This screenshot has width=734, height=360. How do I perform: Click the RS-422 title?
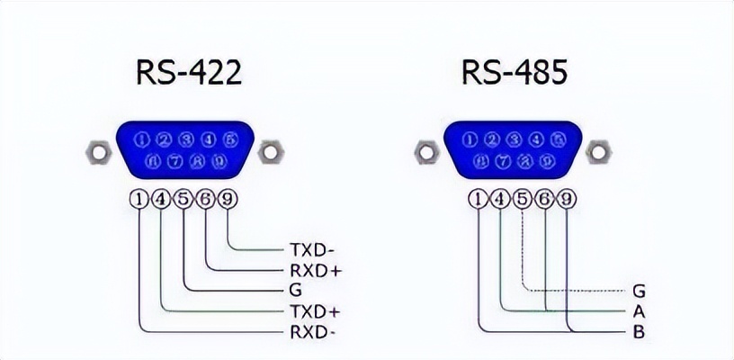(188, 73)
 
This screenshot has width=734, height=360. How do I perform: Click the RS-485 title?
(515, 73)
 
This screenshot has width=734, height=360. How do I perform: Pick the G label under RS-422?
(295, 290)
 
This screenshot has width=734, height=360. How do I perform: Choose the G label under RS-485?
(639, 291)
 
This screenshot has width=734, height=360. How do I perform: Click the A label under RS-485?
(639, 311)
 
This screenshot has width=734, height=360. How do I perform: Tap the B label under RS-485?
(639, 332)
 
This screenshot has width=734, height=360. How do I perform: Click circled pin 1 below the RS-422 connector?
(139, 199)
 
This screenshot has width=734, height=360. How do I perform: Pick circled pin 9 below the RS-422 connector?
(228, 199)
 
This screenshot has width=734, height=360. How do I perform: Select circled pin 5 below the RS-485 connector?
(522, 199)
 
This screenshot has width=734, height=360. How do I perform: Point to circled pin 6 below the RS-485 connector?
(543, 199)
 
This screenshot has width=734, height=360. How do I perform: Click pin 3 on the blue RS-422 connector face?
(186, 139)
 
